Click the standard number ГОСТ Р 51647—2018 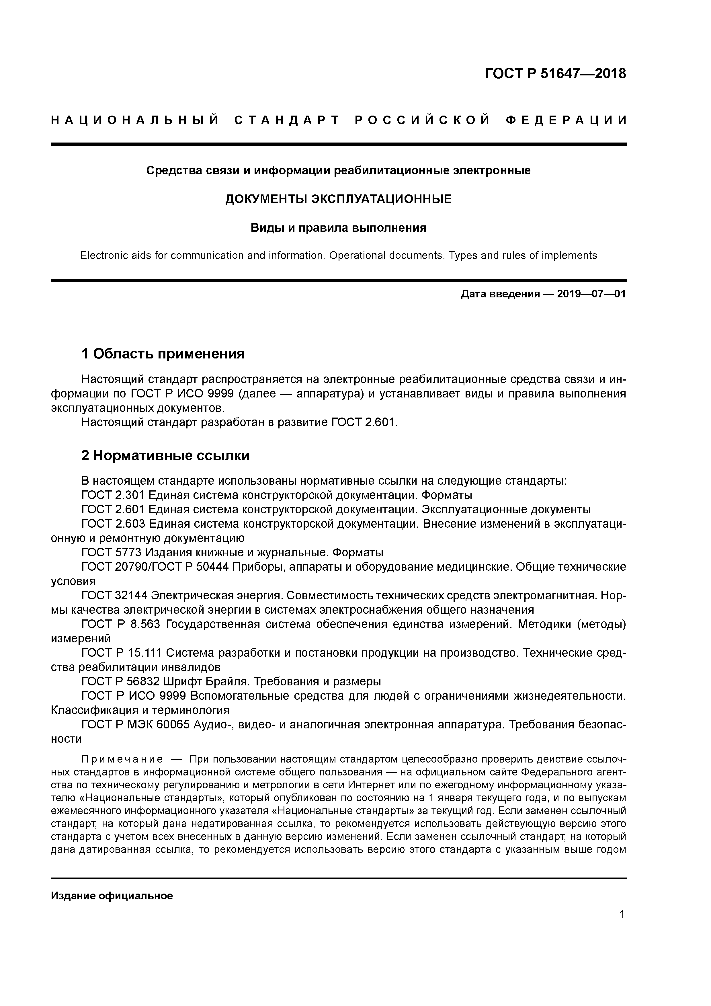[556, 74]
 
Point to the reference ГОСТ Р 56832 [120, 681]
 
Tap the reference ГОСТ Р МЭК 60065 [135, 724]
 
